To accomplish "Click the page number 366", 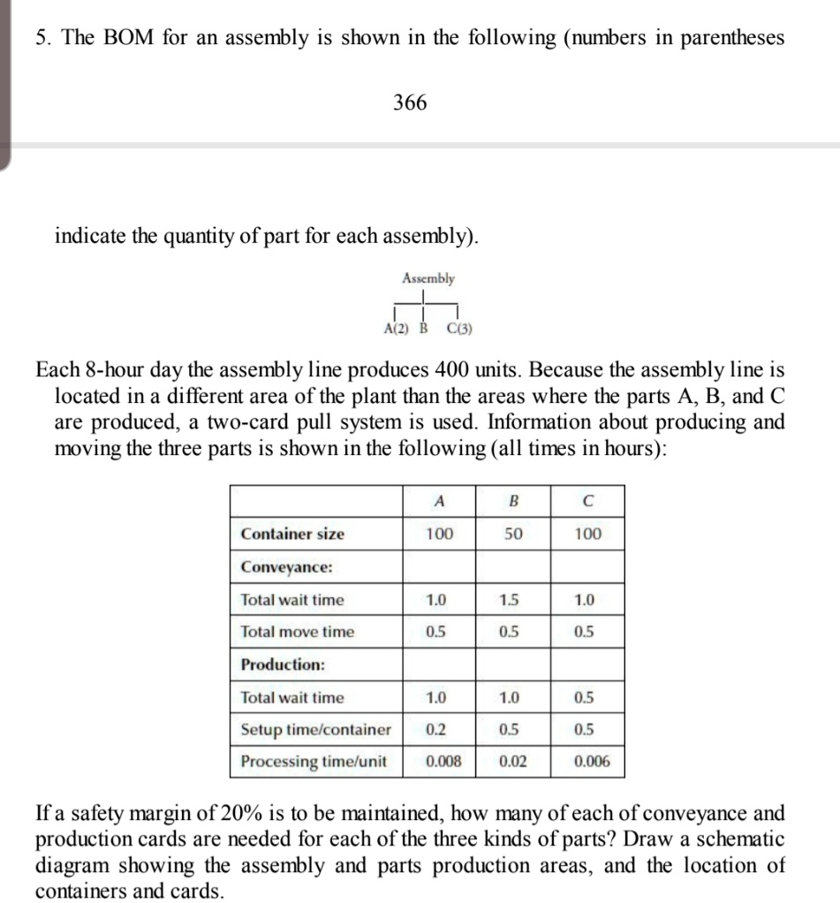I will coord(410,103).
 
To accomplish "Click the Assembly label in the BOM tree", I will coord(428,278).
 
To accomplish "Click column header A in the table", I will coord(439,500).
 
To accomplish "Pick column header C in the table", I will coord(587,500).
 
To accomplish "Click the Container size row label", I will coord(292,534).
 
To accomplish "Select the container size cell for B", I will coord(513,534).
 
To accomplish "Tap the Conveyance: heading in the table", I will coord(286,566).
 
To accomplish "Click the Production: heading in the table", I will coord(283,664).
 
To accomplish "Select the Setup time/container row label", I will coord(315,729).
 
